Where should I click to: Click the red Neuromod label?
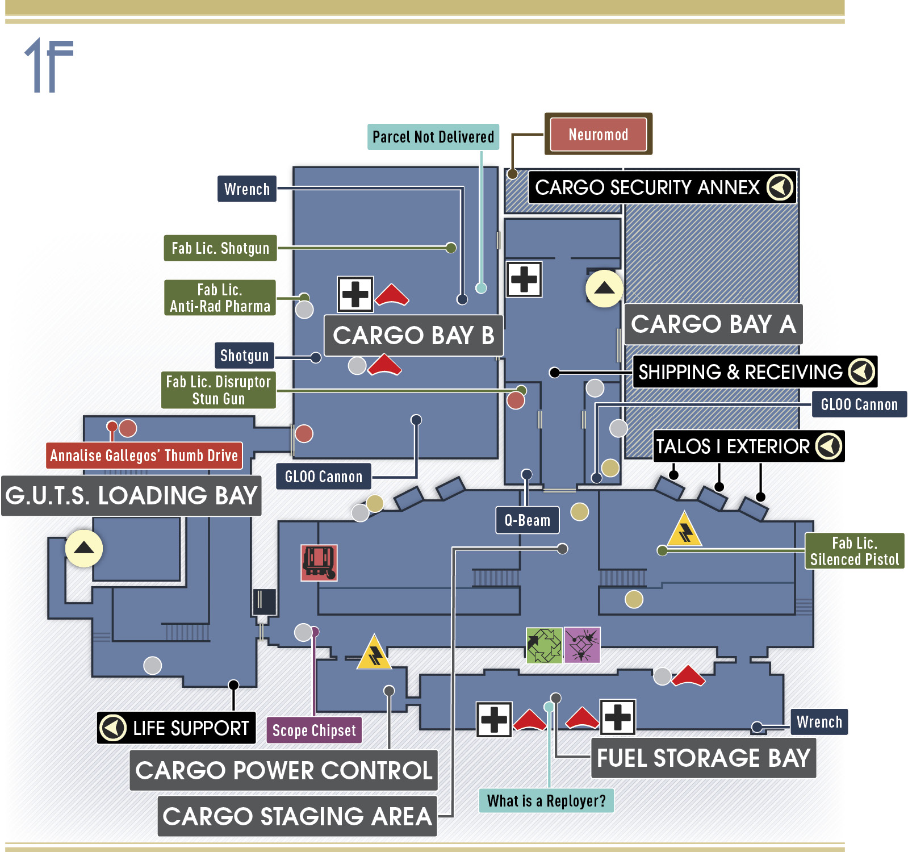pos(598,134)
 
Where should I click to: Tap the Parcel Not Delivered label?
pos(433,137)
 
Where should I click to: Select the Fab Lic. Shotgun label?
pos(220,248)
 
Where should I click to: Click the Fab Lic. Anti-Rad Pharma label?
pos(220,298)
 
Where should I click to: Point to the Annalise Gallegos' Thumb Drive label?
pos(144,456)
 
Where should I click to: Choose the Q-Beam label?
pos(528,520)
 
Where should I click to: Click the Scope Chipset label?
pos(314,730)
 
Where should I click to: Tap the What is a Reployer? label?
pos(546,801)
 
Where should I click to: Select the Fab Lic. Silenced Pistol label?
pos(855,551)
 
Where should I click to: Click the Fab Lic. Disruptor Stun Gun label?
pos(219,390)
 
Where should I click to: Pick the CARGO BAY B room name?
pos(413,336)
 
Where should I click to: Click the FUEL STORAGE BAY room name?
pos(704,758)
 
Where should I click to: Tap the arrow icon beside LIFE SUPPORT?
pos(113,728)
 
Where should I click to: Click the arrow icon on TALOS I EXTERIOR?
pos(829,446)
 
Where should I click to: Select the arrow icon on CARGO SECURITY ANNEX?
pos(780,187)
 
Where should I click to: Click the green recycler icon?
pos(544,645)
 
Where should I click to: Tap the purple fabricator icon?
pos(582,645)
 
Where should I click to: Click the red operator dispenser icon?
pos(319,563)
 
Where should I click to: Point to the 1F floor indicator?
pos(49,65)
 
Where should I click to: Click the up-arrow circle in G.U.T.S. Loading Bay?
pos(84,548)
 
